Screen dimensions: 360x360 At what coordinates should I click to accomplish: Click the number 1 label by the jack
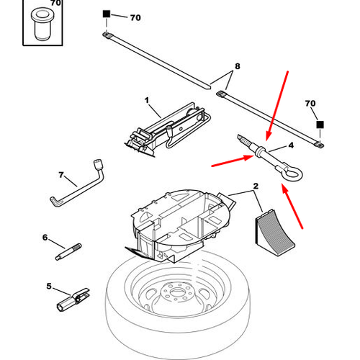pyautogui.click(x=147, y=100)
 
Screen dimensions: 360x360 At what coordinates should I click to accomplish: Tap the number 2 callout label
pyautogui.click(x=256, y=186)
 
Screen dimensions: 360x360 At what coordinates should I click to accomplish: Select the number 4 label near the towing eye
pyautogui.click(x=291, y=145)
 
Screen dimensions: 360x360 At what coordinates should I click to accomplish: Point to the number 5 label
pyautogui.click(x=49, y=286)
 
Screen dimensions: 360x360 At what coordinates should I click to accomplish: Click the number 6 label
pyautogui.click(x=45, y=238)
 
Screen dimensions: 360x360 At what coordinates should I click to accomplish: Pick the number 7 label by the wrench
pyautogui.click(x=61, y=175)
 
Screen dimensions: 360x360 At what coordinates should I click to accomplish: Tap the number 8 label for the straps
pyautogui.click(x=237, y=66)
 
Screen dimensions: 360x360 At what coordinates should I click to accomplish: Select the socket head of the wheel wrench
pyautogui.click(x=98, y=164)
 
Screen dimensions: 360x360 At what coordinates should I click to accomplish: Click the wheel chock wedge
pyautogui.click(x=274, y=233)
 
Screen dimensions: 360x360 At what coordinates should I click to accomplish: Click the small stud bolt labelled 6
pyautogui.click(x=68, y=251)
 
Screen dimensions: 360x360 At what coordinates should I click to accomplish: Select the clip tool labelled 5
pyautogui.click(x=73, y=300)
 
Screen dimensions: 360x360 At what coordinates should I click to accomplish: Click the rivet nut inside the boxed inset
pyautogui.click(x=42, y=24)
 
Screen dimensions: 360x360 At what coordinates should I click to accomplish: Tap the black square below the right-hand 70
pyautogui.click(x=320, y=125)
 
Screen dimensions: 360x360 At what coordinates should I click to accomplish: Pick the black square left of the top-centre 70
pyautogui.click(x=107, y=14)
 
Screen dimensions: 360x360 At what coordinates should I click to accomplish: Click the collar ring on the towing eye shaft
pyautogui.click(x=259, y=151)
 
